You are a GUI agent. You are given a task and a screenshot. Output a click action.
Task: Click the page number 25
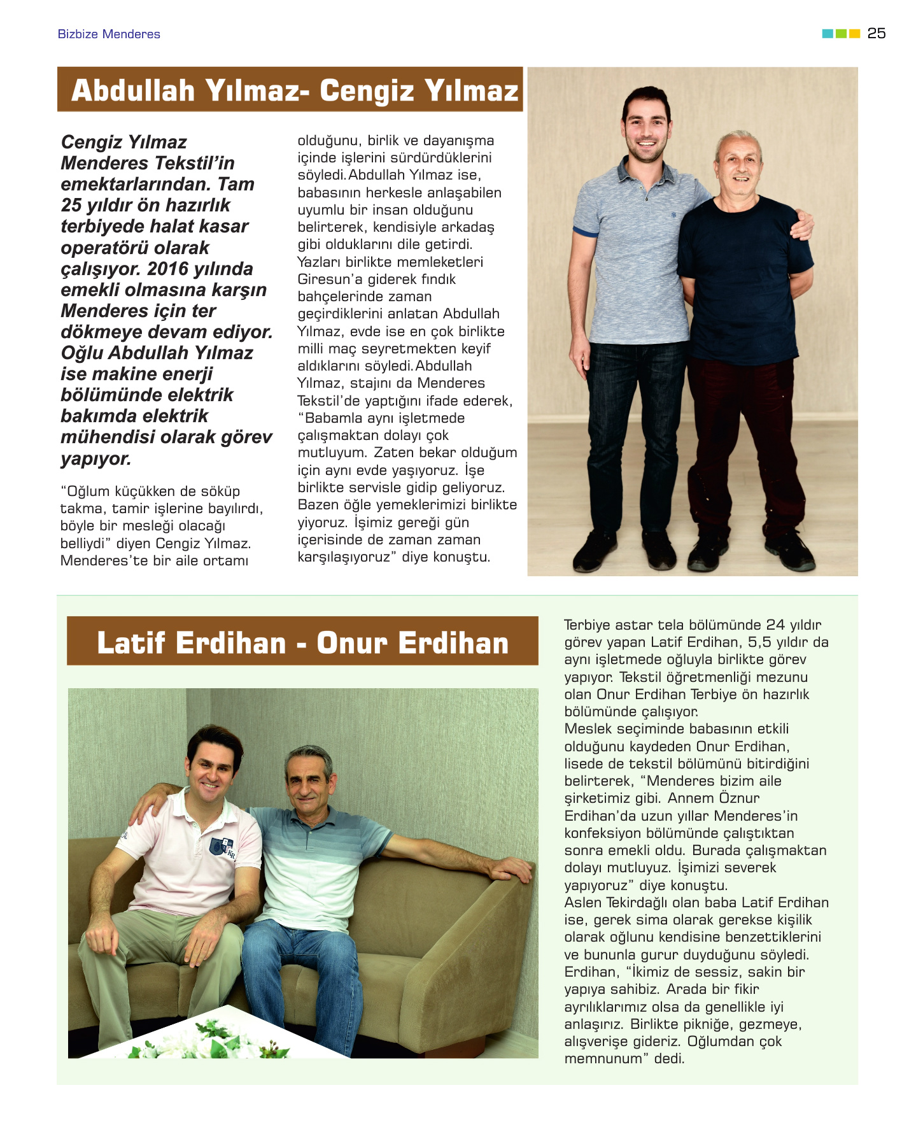[876, 34]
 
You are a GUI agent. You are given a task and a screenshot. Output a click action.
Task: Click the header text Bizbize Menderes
[109, 34]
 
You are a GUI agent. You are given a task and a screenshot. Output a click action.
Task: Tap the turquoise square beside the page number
[828, 34]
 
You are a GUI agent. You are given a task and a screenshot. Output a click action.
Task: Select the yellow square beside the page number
[855, 34]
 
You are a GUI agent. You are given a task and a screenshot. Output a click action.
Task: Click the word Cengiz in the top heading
[367, 90]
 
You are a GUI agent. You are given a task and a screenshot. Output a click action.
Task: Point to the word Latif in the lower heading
[132, 643]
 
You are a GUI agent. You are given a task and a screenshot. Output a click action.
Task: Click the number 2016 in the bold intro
[167, 269]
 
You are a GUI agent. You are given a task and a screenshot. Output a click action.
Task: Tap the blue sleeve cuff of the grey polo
[585, 230]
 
